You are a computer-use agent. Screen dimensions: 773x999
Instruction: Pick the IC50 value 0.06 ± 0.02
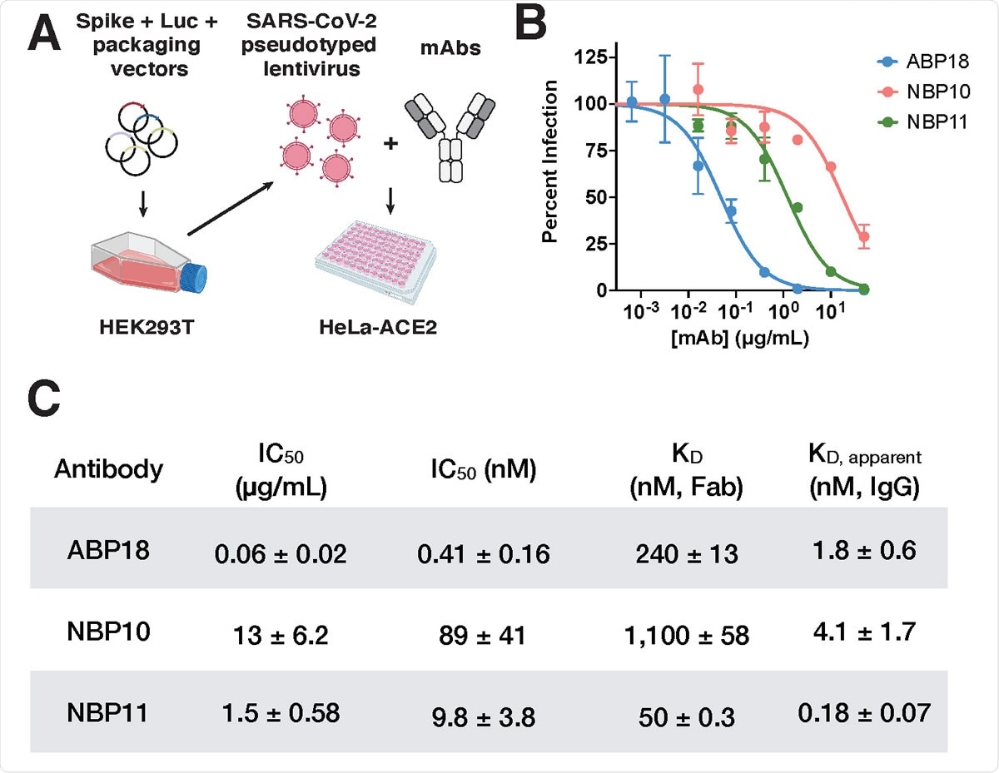pos(280,554)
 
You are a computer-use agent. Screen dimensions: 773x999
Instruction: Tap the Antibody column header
pos(108,470)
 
